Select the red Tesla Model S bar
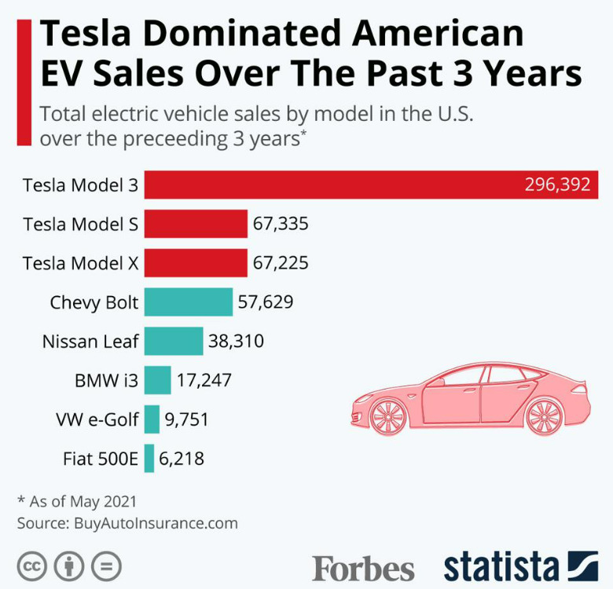196,224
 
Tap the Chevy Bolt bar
189,302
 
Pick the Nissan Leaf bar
174,341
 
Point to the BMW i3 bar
157,380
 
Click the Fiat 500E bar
149,459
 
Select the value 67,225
281,263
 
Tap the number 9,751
187,419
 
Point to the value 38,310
236,341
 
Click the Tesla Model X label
81,263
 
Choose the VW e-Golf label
97,419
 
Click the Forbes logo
363,568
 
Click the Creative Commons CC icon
32,565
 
